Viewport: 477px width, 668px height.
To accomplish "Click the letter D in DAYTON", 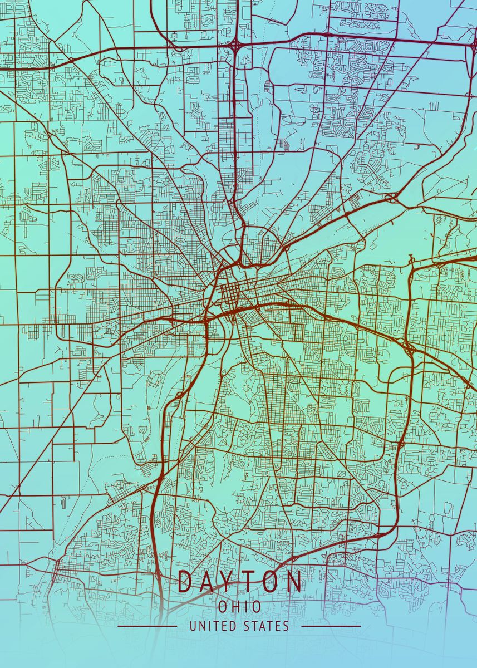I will tap(185, 581).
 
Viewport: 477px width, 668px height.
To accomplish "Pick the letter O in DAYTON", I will tap(272, 581).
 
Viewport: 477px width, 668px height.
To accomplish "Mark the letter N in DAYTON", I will tap(294, 581).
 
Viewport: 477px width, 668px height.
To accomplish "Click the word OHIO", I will tap(239, 606).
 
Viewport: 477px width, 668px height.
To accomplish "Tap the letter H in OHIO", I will tap(234, 606).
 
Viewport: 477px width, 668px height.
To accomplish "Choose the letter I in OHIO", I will tap(245, 606).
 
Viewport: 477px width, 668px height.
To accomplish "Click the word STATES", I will tap(266, 626).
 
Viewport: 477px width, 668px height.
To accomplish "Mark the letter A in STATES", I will tap(262, 626).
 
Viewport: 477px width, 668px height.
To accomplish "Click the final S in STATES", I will tap(286, 626).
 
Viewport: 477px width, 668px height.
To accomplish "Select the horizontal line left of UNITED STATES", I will tap(147, 626).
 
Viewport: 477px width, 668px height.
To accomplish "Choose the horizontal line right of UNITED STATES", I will tap(331, 626).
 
